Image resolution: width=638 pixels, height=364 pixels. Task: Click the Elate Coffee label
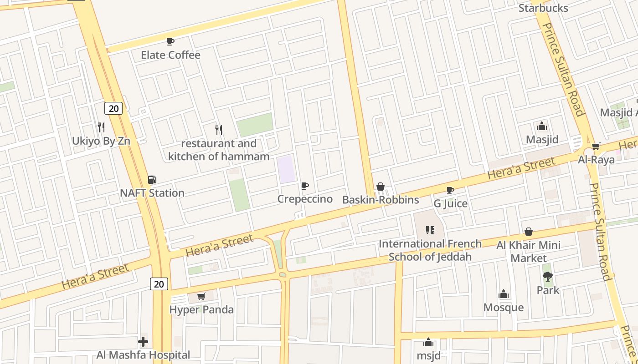(170, 55)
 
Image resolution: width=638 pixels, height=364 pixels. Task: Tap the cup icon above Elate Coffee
(170, 42)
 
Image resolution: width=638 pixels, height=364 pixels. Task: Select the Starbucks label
(543, 8)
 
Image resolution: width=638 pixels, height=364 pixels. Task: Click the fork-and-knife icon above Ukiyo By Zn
(101, 127)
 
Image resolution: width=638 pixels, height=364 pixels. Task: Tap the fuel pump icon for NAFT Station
(152, 180)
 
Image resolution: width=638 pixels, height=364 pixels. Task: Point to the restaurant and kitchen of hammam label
(219, 150)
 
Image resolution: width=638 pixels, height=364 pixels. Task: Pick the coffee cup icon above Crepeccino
(305, 186)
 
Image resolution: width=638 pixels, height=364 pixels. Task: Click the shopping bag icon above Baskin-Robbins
(381, 187)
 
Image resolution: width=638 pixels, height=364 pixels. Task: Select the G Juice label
(450, 203)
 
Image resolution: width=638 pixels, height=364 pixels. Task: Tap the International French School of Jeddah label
(430, 250)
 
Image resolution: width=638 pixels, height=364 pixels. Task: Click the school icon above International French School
(430, 230)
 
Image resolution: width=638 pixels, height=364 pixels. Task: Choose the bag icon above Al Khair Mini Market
(529, 232)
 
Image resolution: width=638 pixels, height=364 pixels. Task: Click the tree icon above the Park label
(548, 276)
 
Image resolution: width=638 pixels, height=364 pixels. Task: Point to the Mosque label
(504, 308)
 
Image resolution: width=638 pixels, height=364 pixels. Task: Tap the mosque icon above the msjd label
(428, 342)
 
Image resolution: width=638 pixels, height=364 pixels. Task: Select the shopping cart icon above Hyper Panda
(201, 297)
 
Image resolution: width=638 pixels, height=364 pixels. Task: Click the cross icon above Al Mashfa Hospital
(143, 341)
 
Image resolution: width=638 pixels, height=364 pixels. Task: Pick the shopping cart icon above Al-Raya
(596, 146)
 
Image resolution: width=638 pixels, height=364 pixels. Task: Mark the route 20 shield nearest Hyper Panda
(159, 284)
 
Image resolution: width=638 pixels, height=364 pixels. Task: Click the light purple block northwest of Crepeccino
(287, 169)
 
